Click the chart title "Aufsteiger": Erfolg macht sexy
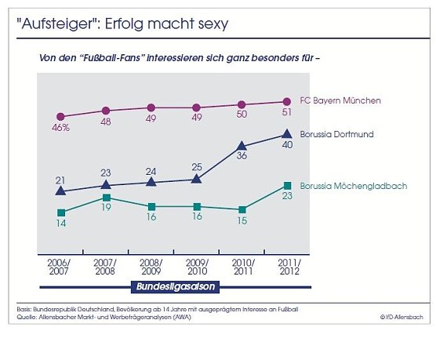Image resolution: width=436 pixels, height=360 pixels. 122,24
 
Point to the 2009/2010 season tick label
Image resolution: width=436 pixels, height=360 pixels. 196,266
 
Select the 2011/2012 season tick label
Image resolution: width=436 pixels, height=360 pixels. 287,266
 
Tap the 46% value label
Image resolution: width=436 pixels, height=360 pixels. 61,127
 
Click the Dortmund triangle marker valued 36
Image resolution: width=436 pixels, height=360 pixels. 242,145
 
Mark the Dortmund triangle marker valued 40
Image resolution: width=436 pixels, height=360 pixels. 287,135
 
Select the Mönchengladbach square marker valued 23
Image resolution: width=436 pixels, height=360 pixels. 287,186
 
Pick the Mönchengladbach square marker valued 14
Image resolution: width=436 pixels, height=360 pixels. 60,213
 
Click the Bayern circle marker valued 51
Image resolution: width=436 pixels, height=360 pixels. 287,101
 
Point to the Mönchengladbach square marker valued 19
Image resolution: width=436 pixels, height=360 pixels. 106,198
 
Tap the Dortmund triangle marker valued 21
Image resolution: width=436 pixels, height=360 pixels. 60,191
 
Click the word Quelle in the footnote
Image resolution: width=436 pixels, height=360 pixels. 27,316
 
